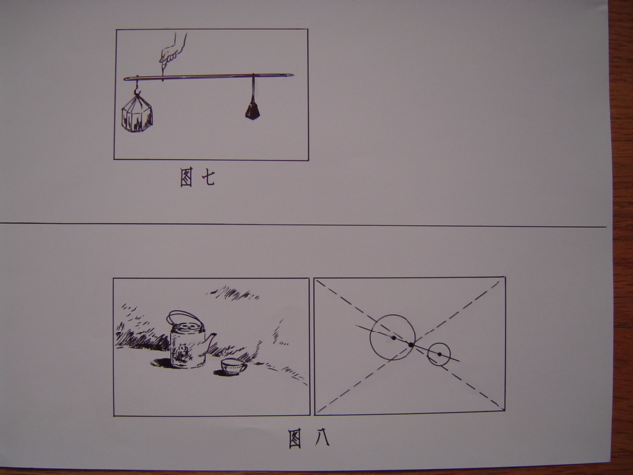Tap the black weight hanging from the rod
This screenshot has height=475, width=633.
[x=253, y=110]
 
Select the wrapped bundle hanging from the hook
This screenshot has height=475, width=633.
[x=137, y=115]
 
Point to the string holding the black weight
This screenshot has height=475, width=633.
[x=253, y=88]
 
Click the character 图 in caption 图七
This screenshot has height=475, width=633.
[x=186, y=178]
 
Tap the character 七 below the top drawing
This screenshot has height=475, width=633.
[x=208, y=177]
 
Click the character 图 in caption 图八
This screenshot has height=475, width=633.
[x=295, y=439]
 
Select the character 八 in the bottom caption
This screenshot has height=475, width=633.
[x=322, y=437]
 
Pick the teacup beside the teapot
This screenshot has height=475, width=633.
[x=233, y=367]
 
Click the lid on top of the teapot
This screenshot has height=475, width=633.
[x=186, y=327]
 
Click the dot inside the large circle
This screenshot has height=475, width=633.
[x=394, y=338]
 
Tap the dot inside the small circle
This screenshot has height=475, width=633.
[x=439, y=354]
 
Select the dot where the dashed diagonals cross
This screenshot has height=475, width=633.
[x=411, y=345]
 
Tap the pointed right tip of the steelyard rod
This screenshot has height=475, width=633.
[x=293, y=75]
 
